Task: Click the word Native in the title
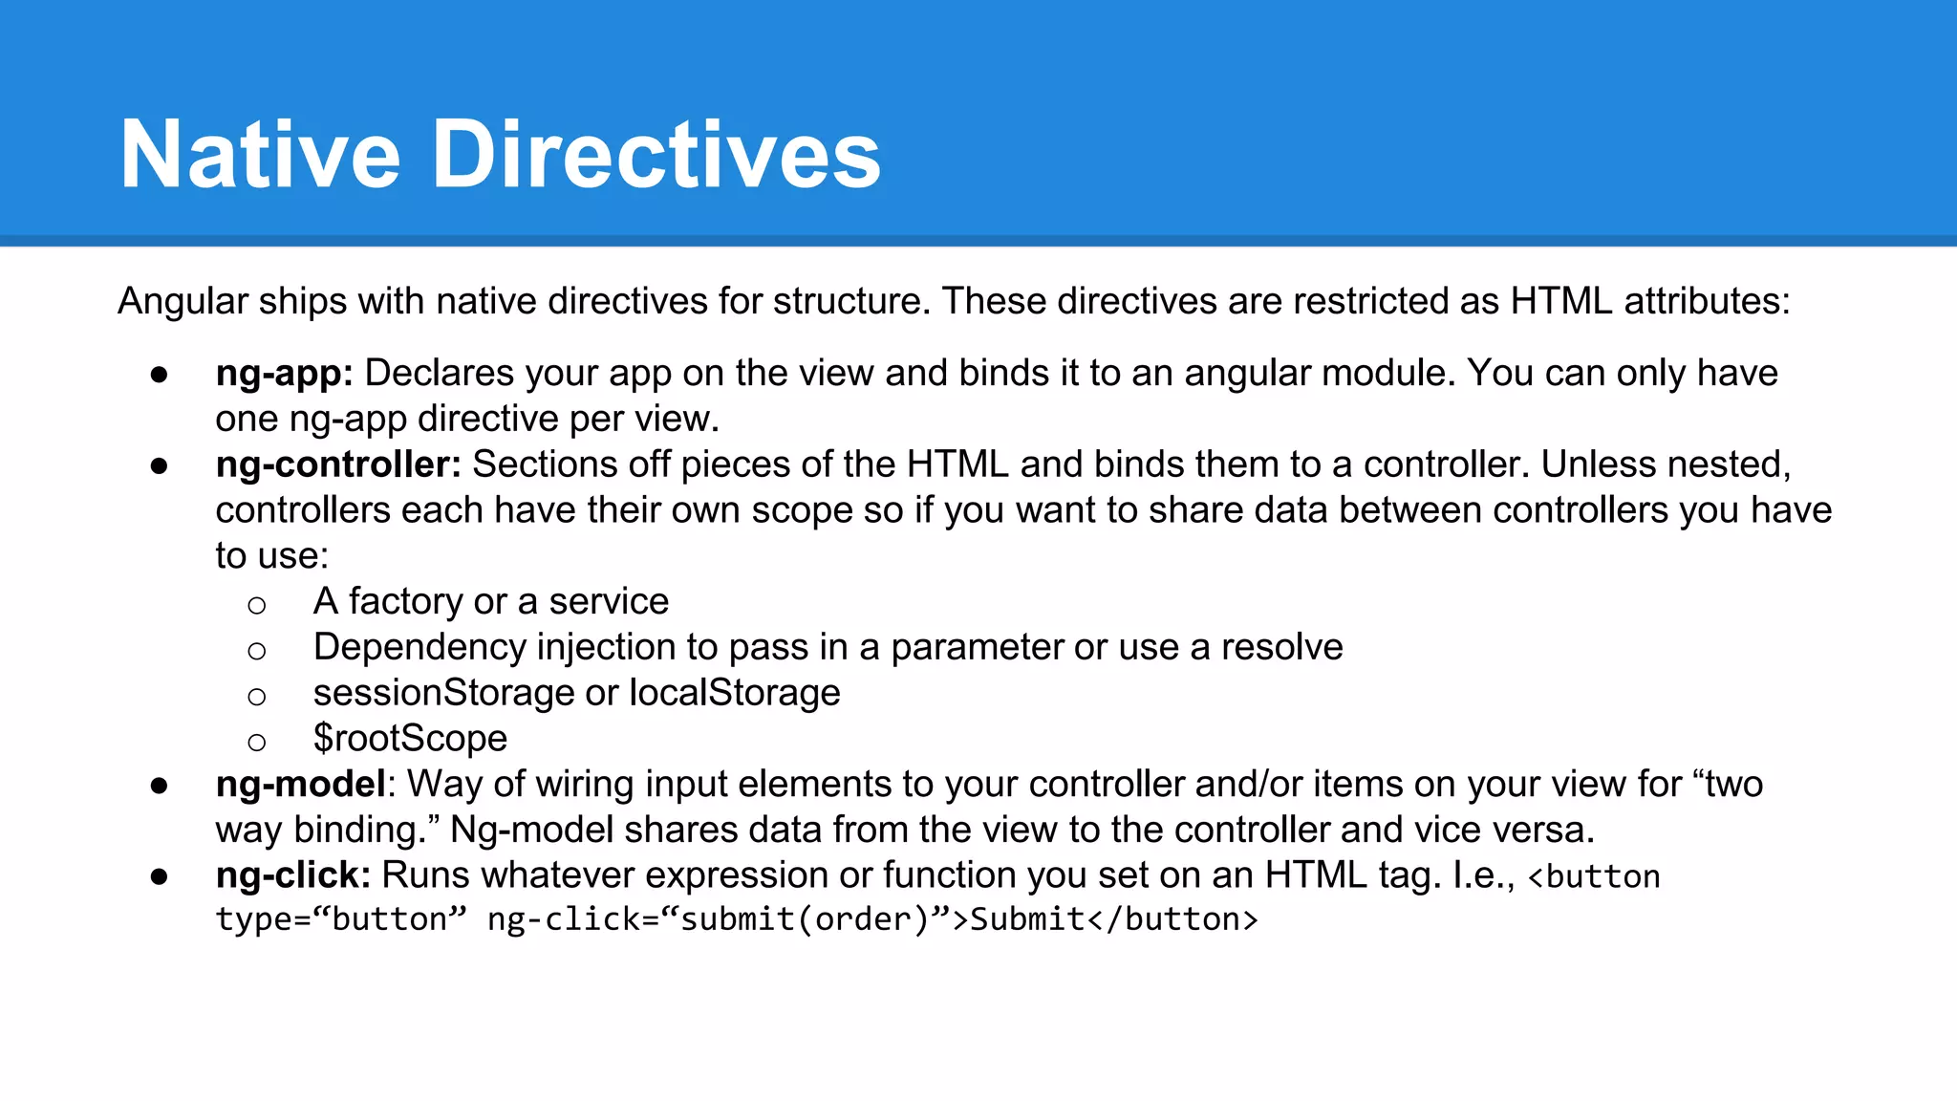(x=260, y=155)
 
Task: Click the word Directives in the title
(x=656, y=155)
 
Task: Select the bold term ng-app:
(x=284, y=374)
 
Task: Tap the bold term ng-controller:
(x=338, y=464)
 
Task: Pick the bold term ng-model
(x=300, y=785)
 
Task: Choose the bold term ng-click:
(x=293, y=875)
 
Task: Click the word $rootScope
(x=410, y=739)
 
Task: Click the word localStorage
(x=734, y=693)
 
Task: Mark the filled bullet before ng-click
(x=160, y=876)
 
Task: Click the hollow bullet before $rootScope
(x=256, y=742)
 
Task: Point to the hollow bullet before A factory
(x=256, y=605)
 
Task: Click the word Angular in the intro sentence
(x=183, y=302)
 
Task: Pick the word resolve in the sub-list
(x=1281, y=648)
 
